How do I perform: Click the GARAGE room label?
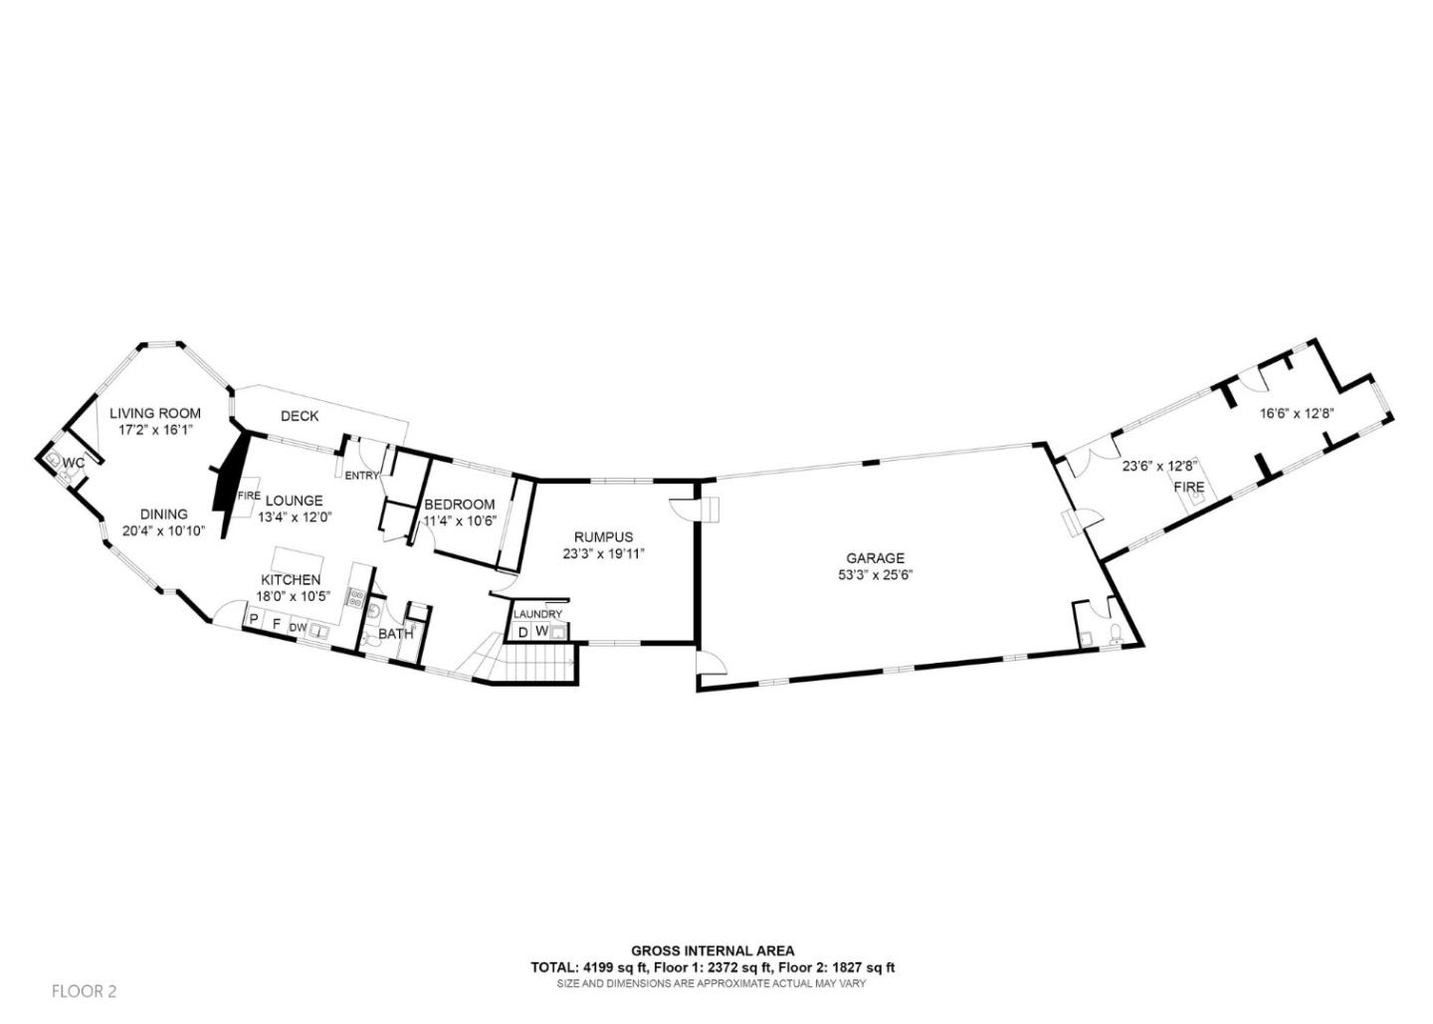875,559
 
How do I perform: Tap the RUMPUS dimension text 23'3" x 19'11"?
603,554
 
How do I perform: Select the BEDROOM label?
460,505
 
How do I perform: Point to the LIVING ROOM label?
155,413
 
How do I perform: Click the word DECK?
300,416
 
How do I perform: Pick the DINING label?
164,514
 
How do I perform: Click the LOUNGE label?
295,501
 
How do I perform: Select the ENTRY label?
361,476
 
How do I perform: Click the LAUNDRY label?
537,614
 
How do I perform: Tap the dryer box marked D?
522,632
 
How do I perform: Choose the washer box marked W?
541,631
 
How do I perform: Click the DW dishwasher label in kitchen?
298,628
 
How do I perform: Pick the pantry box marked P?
254,620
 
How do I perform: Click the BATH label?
395,635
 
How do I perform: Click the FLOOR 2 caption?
84,991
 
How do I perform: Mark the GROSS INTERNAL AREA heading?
713,950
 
